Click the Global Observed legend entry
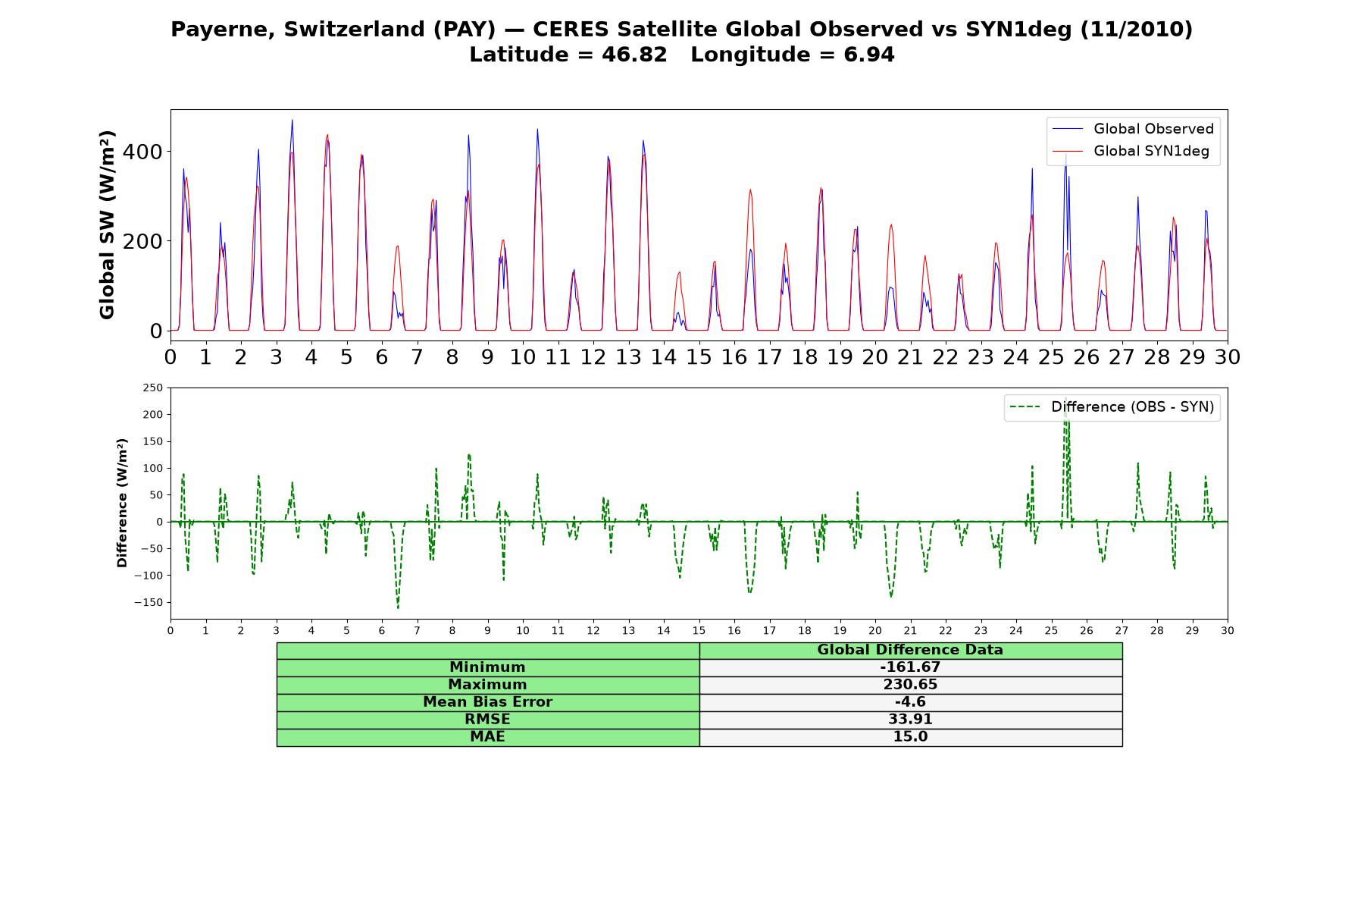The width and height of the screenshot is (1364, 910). click(x=1133, y=129)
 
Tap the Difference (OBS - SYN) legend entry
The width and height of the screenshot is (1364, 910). click(x=1112, y=407)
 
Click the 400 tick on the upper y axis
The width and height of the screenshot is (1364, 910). click(x=142, y=152)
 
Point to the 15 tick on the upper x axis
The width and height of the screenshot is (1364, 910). click(x=699, y=356)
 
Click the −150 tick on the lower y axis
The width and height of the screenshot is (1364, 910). click(x=145, y=603)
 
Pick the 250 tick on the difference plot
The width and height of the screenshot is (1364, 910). click(x=152, y=388)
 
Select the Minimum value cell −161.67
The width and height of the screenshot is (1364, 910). click(x=910, y=667)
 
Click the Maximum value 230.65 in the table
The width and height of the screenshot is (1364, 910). click(x=910, y=685)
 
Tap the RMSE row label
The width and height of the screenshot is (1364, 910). click(x=487, y=720)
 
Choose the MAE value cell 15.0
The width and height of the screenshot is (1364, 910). click(x=910, y=737)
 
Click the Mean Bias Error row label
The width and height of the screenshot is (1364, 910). click(x=487, y=702)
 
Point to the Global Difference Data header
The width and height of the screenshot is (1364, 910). click(x=910, y=650)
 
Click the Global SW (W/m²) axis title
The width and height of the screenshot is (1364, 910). click(x=107, y=224)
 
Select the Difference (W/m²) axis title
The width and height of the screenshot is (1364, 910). click(x=122, y=503)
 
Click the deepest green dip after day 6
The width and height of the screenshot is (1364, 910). click(x=398, y=607)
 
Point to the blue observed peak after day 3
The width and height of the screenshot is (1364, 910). click(x=292, y=120)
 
